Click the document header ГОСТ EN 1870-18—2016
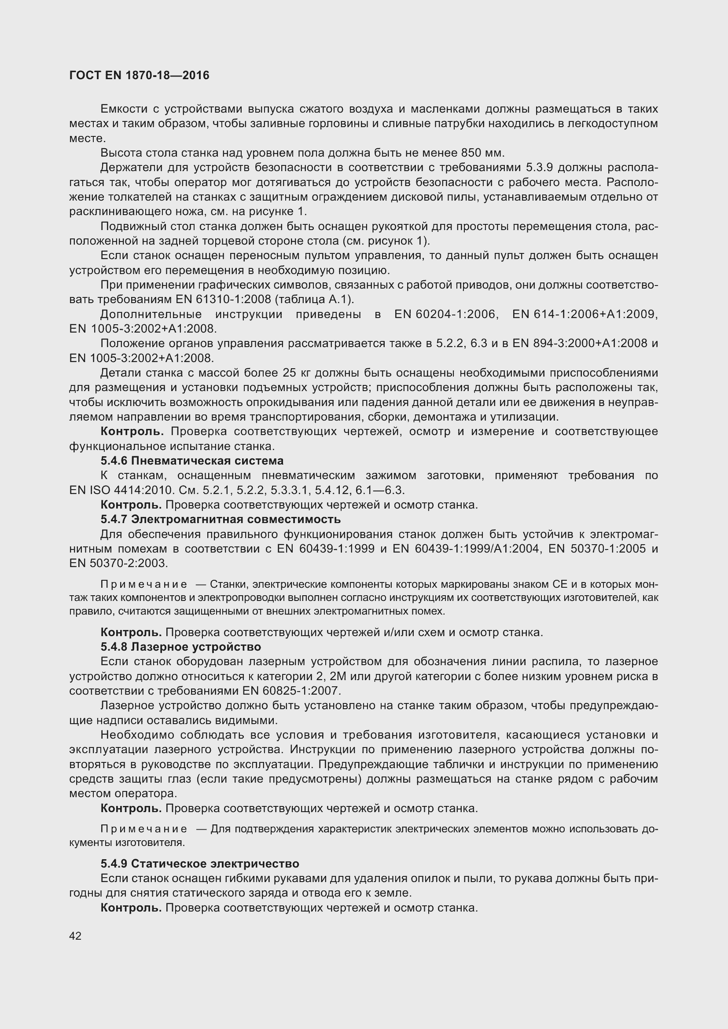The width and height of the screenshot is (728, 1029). click(140, 75)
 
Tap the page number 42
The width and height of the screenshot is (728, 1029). click(75, 936)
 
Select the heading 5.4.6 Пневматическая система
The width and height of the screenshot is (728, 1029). click(192, 461)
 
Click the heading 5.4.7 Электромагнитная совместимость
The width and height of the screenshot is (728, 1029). click(221, 520)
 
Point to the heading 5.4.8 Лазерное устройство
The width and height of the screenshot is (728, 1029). click(180, 647)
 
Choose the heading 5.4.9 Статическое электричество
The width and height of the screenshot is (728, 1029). click(200, 864)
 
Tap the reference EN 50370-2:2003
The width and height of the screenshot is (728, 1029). click(118, 564)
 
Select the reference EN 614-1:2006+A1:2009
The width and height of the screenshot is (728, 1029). click(585, 314)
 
